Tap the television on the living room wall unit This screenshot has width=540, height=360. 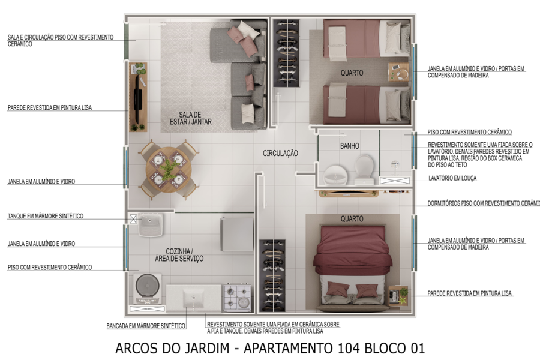[x=137, y=96]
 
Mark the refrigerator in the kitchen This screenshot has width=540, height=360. [x=236, y=234]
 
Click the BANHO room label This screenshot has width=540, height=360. [x=349, y=146]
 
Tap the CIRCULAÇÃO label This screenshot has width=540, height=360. [x=280, y=154]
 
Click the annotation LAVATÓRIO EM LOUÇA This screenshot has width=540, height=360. [x=453, y=178]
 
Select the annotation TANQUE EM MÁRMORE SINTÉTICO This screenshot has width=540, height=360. [x=45, y=216]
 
